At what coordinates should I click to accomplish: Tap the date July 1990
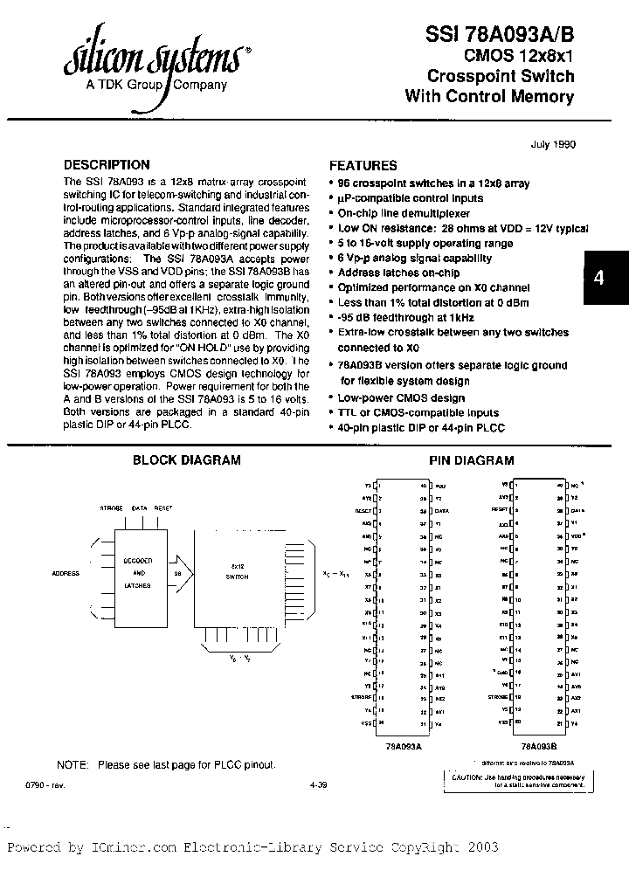[x=553, y=144]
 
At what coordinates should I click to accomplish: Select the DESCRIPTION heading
[x=107, y=164]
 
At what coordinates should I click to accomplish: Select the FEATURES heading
[x=363, y=165]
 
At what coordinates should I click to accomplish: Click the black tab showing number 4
[x=598, y=278]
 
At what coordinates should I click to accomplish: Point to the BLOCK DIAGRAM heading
[x=186, y=460]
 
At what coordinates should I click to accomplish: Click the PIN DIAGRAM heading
[x=471, y=460]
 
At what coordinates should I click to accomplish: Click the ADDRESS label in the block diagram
[x=66, y=574]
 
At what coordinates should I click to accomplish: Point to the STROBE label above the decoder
[x=112, y=507]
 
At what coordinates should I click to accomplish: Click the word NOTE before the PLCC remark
[x=73, y=764]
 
